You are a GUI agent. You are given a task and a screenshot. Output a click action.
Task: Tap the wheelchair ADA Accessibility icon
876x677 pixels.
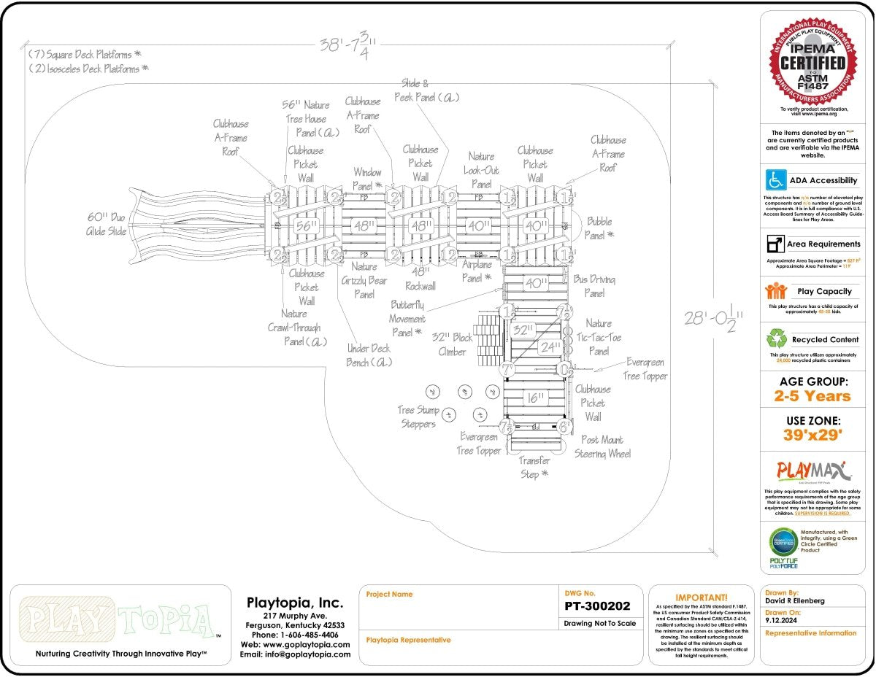point(775,179)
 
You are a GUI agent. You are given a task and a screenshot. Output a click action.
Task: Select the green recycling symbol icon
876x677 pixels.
point(775,338)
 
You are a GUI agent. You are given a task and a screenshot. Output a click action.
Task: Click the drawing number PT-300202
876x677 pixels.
point(597,606)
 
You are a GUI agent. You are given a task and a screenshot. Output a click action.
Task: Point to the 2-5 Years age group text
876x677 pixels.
point(812,396)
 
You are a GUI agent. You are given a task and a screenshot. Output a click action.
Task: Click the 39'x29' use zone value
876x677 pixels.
point(812,436)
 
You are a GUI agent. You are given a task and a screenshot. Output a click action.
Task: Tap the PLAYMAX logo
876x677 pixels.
point(810,470)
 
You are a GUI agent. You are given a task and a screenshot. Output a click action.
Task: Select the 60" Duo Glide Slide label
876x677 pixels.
point(107,225)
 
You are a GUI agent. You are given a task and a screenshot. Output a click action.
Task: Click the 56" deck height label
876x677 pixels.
point(307,226)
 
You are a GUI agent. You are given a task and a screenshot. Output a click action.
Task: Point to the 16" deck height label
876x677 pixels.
point(535,398)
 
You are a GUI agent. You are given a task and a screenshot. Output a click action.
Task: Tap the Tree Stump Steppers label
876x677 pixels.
point(417,417)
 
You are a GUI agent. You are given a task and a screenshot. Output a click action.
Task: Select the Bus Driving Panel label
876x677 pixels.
point(594,286)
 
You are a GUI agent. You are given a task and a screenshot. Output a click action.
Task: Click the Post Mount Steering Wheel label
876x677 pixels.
point(602,446)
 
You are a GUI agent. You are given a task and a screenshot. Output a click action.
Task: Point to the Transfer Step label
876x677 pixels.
point(534,467)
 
